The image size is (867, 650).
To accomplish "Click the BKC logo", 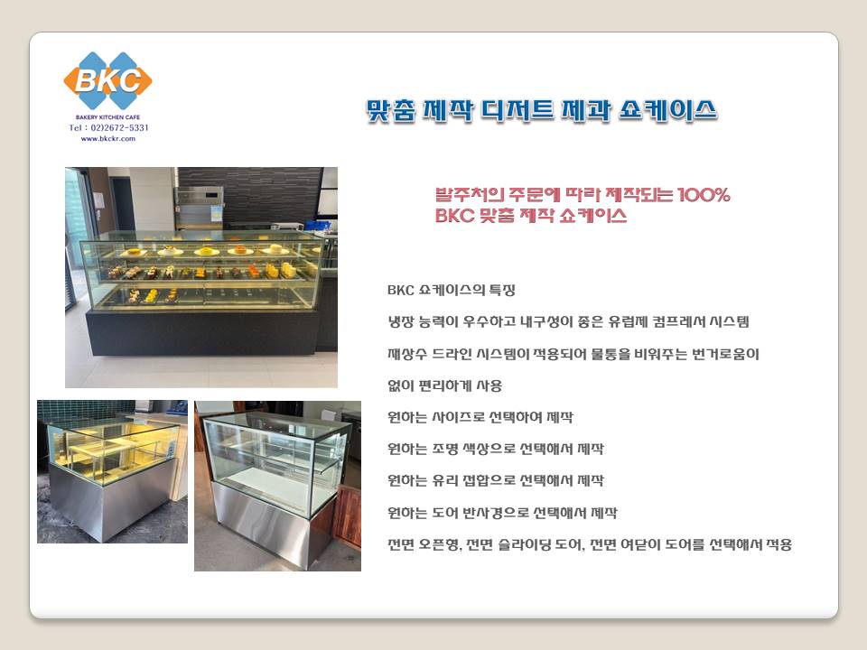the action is [107, 80].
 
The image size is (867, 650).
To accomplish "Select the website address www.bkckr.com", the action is [107, 139].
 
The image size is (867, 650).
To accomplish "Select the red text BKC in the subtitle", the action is [454, 215].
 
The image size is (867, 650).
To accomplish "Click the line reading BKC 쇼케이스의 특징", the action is [452, 290].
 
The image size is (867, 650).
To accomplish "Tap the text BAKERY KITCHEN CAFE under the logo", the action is [107, 117].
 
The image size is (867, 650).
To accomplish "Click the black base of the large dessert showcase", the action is [202, 331].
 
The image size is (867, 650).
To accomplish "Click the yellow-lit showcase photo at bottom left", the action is [112, 471].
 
